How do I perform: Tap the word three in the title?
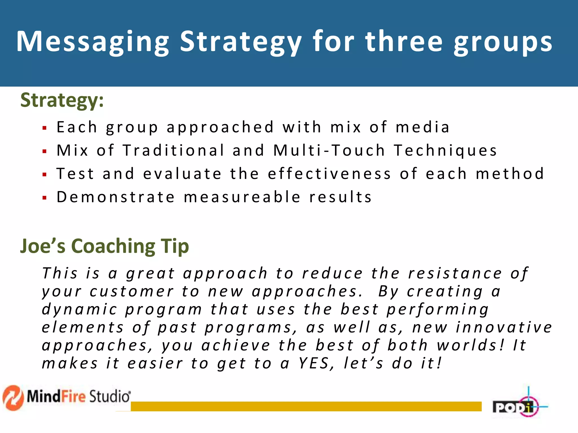coord(404,42)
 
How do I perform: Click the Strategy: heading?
coord(62,100)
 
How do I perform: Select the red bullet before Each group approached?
coord(44,128)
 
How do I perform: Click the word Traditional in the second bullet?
coord(174,150)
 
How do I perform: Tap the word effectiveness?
coord(329,174)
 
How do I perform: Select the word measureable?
coord(242,197)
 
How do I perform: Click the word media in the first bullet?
coord(422,127)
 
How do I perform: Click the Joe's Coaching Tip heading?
coord(104,246)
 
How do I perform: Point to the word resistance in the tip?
coord(455,273)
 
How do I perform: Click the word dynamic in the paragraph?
coord(79,310)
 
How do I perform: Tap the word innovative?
coord(504,327)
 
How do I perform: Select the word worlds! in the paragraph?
coord(470,345)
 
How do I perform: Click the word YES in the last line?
coord(316,363)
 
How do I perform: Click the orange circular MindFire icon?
coord(13,397)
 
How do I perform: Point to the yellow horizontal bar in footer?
coord(306,406)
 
